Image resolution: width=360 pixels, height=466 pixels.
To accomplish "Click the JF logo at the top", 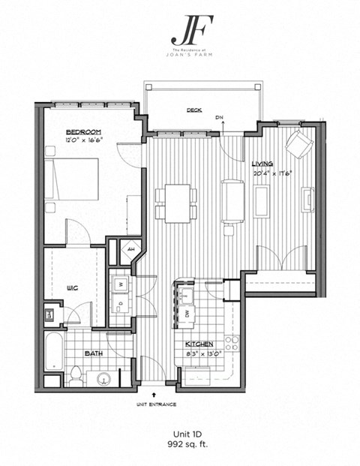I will (x=181, y=30).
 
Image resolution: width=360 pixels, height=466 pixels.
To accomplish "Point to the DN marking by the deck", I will (x=219, y=118).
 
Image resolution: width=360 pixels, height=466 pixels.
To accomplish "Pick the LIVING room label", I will (x=262, y=164).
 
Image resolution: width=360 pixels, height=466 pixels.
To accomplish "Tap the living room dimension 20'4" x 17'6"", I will (x=271, y=173).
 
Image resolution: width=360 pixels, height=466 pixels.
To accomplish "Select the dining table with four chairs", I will (x=176, y=203).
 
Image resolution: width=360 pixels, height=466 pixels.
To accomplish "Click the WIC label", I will (x=73, y=287).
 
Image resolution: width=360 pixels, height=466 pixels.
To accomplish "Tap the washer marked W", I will (x=120, y=284).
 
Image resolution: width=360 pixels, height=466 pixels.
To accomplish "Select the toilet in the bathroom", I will (x=78, y=374).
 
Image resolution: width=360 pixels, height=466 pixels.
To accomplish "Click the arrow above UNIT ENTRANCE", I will (x=155, y=392).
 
